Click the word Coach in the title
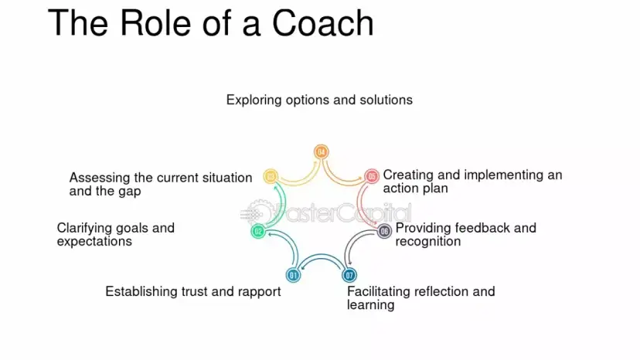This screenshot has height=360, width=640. (323, 23)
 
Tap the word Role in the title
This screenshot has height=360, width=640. (155, 23)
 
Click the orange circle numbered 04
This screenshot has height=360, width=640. (322, 152)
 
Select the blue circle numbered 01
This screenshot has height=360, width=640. (293, 275)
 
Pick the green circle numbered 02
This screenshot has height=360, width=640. (258, 232)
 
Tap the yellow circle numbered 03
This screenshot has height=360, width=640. (271, 176)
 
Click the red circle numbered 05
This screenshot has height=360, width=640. (372, 176)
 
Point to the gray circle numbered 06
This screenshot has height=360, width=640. (384, 232)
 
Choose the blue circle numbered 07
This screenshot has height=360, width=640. (349, 275)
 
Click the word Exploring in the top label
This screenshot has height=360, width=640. (254, 100)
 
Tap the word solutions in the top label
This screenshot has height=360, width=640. (386, 100)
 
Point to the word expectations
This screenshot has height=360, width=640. (94, 242)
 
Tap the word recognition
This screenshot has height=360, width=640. (428, 242)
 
